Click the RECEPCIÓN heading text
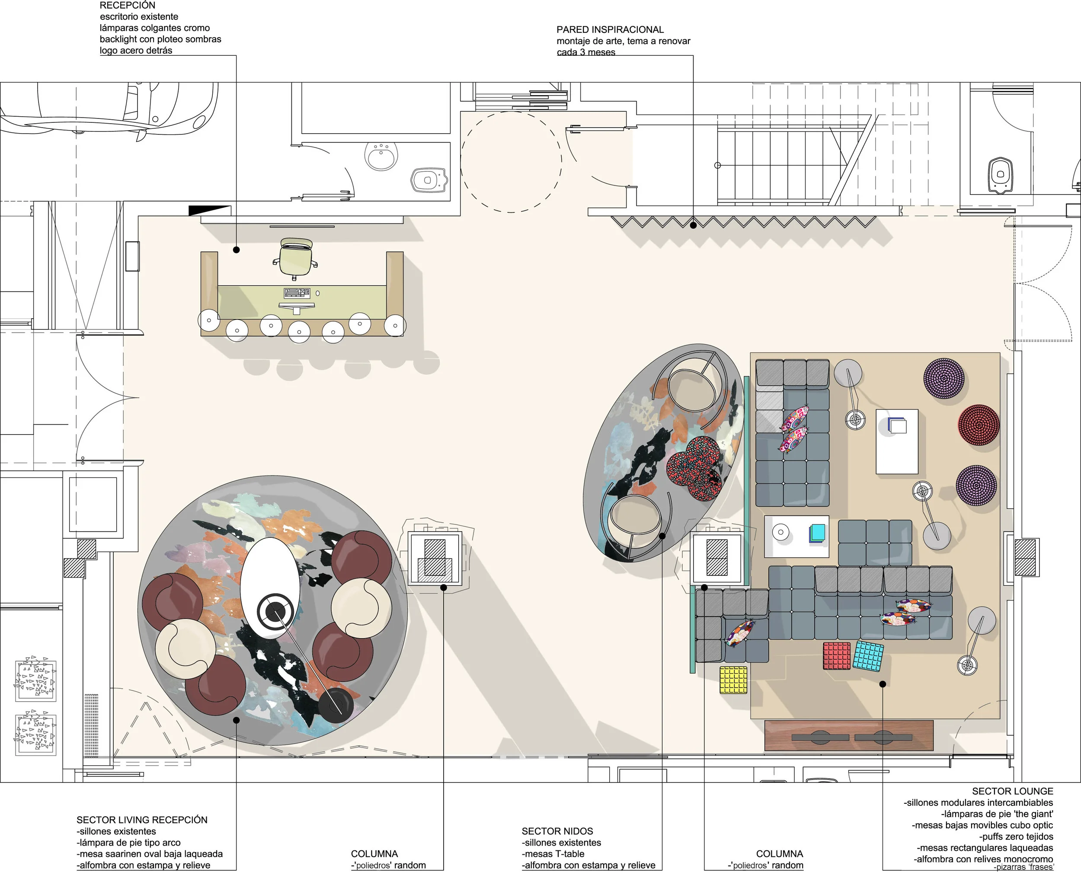(127, 6)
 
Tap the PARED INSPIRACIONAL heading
(610, 30)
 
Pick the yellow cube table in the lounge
(733, 680)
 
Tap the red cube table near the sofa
(837, 655)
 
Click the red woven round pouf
(978, 425)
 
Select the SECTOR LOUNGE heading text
(1012, 791)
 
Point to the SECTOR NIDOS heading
(557, 831)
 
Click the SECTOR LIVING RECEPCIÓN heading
(142, 820)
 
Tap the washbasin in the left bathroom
(382, 156)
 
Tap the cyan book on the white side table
(817, 533)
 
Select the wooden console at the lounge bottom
(848, 735)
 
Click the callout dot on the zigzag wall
(693, 226)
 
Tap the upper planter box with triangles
(35, 680)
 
